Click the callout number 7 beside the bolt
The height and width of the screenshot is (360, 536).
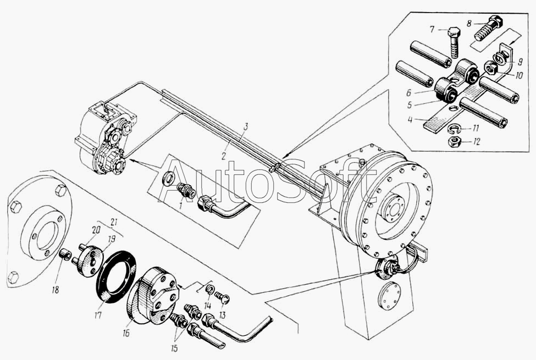point(432,30)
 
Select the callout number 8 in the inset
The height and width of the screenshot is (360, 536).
point(469,23)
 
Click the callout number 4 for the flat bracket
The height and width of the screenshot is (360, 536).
point(410,119)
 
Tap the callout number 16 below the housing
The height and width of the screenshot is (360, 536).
point(126,333)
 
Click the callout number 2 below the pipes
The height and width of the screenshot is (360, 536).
point(224,156)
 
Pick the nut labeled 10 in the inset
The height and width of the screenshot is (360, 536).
point(490,69)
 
